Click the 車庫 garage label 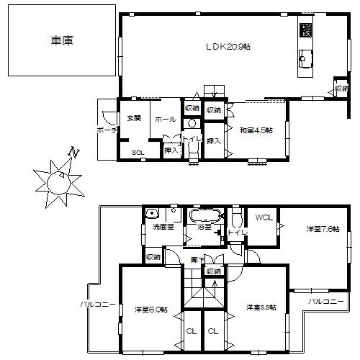(63, 42)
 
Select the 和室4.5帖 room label (256, 130)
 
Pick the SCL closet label (137, 152)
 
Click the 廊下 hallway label (198, 258)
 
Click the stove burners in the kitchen (307, 30)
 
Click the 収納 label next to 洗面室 (153, 256)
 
